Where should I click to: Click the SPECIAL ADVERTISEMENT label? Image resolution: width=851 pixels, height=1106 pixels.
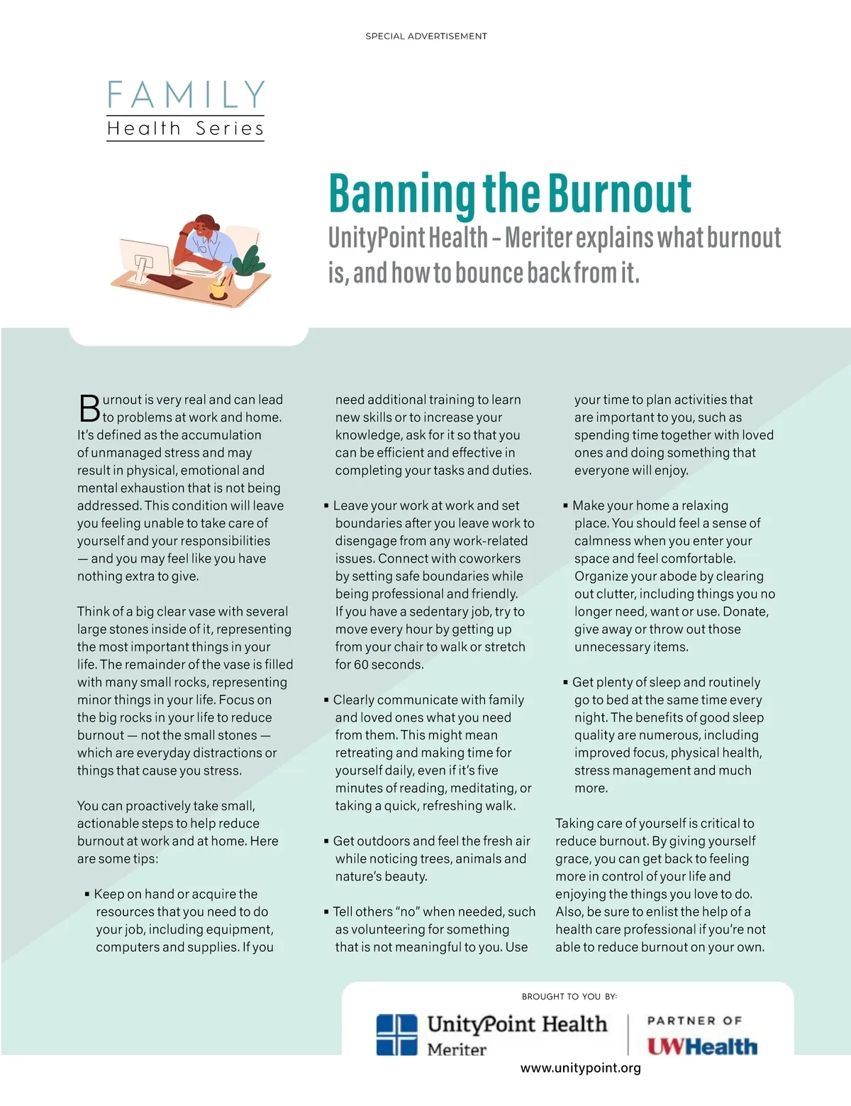(x=426, y=36)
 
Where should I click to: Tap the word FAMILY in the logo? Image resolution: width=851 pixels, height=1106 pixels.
(x=186, y=95)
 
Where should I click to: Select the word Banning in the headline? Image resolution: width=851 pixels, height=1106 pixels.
(x=401, y=193)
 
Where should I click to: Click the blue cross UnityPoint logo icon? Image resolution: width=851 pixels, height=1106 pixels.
(x=396, y=1034)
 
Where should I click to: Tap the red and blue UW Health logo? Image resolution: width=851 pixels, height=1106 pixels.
(x=702, y=1046)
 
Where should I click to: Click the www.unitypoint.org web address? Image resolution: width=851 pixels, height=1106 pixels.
(x=581, y=1068)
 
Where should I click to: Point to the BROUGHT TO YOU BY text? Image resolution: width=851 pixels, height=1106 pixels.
(x=569, y=997)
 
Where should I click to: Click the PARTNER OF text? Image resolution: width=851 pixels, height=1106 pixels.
(x=694, y=1021)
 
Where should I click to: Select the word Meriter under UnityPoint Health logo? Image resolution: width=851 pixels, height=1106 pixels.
(x=457, y=1049)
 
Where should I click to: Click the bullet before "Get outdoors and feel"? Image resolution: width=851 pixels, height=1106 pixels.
(x=326, y=841)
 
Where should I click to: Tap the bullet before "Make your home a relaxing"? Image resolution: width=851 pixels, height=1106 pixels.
(x=565, y=505)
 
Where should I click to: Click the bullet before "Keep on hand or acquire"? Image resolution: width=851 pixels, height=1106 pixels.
(x=87, y=894)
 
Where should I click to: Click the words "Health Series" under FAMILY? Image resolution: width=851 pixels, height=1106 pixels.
(x=185, y=128)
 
